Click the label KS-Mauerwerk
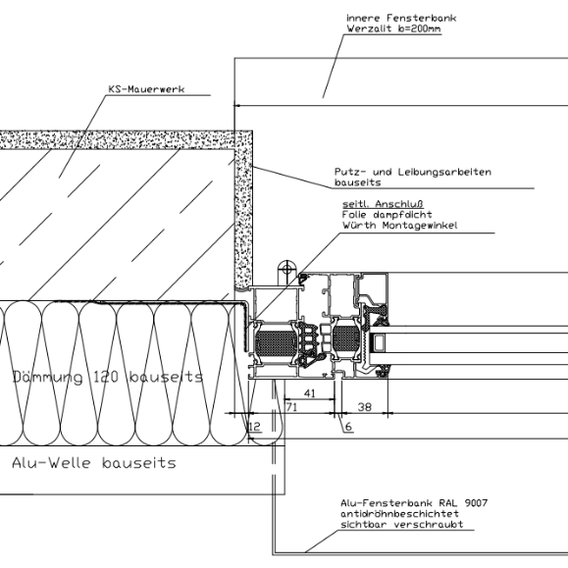[146, 89]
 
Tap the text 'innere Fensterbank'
[401, 18]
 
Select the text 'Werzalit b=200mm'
[393, 28]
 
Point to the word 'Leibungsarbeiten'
[444, 172]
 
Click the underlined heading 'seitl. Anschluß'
[383, 204]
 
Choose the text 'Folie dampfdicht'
[387, 215]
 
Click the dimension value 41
[310, 393]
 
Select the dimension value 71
[291, 407]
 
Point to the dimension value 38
[364, 407]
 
